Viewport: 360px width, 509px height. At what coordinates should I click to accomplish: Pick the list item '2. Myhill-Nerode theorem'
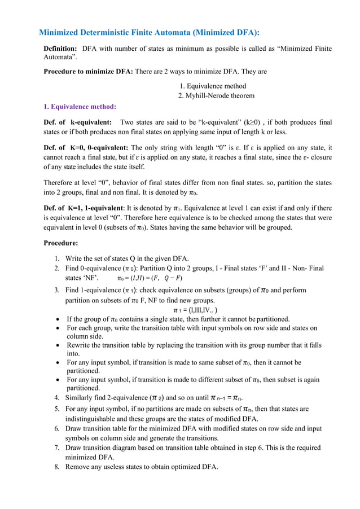coord(216,95)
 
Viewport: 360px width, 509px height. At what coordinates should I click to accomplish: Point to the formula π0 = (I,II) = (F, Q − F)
coord(149,278)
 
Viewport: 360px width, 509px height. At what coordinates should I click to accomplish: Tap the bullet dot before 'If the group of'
coord(59,319)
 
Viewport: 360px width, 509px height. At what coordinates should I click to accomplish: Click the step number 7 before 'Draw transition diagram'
coord(57,447)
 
